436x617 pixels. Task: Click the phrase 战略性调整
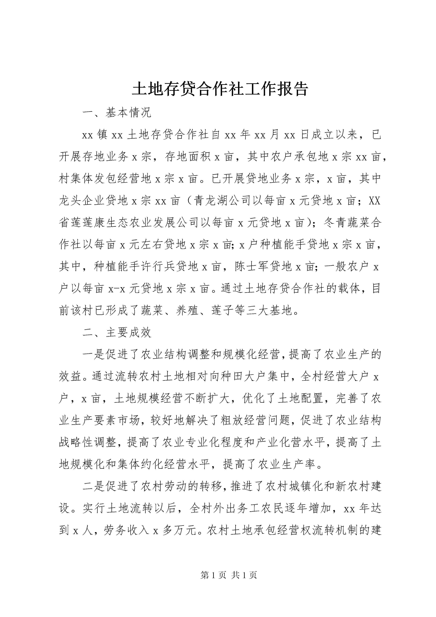[88, 443]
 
